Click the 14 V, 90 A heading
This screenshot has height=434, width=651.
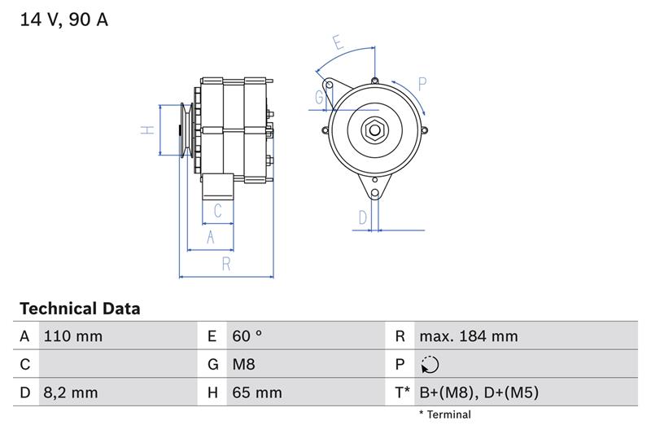(x=64, y=20)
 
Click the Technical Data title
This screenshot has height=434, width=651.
(x=80, y=309)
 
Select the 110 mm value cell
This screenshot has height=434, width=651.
(x=73, y=336)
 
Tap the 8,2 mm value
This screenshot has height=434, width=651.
(x=71, y=392)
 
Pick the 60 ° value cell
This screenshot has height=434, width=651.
(x=247, y=336)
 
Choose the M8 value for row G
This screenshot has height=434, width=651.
(x=243, y=364)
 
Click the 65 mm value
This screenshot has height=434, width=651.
(x=257, y=392)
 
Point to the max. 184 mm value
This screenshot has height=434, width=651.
(x=469, y=336)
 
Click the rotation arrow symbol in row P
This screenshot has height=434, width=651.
(x=430, y=365)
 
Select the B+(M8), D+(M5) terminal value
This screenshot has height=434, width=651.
(x=478, y=392)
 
